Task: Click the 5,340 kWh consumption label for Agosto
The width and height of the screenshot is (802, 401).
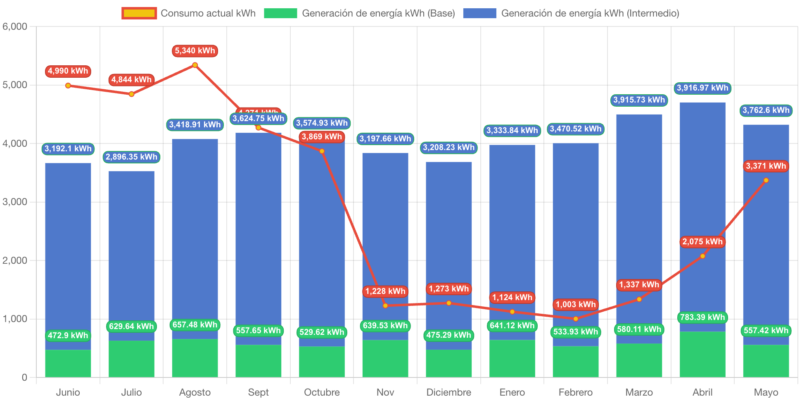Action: [195, 51]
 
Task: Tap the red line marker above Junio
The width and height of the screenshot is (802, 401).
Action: [68, 86]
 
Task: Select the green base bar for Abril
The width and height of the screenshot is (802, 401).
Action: [702, 354]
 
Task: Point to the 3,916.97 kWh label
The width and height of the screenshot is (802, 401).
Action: [702, 88]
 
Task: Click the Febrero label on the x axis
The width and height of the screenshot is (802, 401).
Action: [575, 392]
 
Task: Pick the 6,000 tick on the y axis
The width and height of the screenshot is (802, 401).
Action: [15, 26]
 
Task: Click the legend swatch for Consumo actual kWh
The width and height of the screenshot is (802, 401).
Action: [139, 13]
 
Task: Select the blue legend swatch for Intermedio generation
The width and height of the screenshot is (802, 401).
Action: [479, 13]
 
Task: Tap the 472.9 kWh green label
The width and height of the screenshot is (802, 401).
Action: [68, 335]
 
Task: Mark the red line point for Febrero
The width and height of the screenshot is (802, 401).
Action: [576, 319]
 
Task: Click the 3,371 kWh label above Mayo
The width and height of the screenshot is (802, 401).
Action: [766, 166]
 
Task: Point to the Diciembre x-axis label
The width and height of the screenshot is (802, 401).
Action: [448, 392]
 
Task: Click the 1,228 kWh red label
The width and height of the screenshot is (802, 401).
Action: [385, 291]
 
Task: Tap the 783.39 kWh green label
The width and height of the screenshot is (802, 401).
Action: [702, 317]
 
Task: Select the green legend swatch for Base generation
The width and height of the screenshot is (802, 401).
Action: [280, 13]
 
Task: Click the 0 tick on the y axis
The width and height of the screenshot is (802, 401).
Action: [24, 377]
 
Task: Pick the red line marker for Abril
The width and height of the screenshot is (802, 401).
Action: [702, 256]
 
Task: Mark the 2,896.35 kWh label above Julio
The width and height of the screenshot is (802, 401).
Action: [131, 157]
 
